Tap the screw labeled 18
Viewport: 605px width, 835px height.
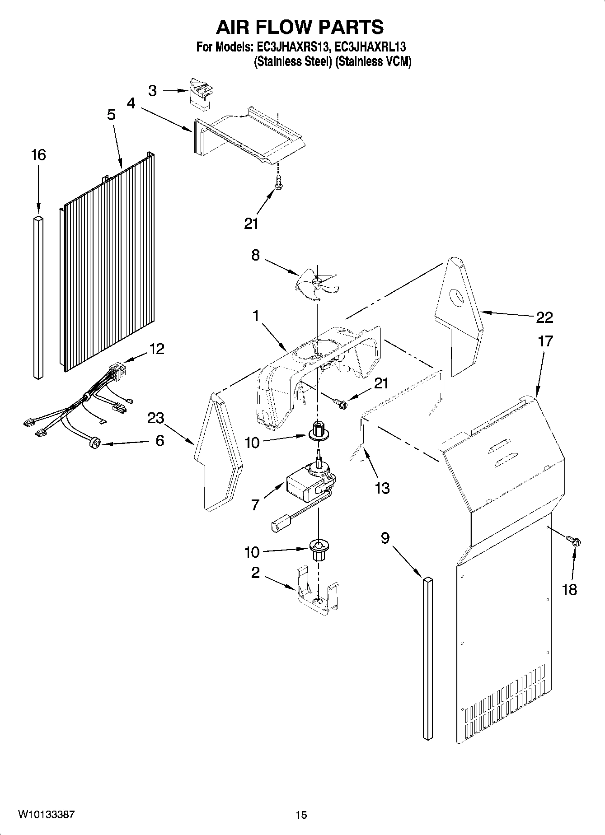click(x=574, y=541)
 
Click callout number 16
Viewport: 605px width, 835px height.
click(x=38, y=155)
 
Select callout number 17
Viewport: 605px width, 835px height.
click(x=545, y=341)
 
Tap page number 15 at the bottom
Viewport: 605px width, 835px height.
click(x=301, y=815)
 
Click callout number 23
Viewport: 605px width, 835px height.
click(x=155, y=418)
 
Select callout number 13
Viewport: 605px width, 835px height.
click(x=382, y=488)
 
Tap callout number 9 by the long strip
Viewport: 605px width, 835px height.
click(x=385, y=538)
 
